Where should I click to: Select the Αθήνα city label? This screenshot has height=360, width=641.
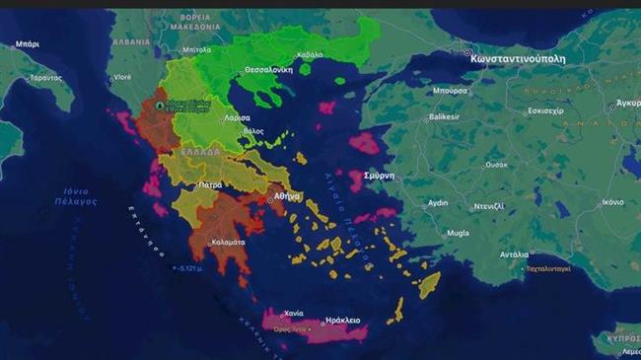[287, 196]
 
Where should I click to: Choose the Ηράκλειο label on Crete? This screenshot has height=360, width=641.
[342, 321]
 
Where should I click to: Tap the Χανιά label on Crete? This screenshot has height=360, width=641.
[293, 313]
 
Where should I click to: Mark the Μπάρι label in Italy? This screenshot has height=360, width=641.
[28, 44]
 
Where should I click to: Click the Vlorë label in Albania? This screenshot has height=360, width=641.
[122, 76]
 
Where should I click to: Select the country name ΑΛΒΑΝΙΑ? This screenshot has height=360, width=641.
[131, 43]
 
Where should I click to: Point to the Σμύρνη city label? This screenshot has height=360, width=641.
[381, 178]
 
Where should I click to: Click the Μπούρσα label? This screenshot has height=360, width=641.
[450, 90]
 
